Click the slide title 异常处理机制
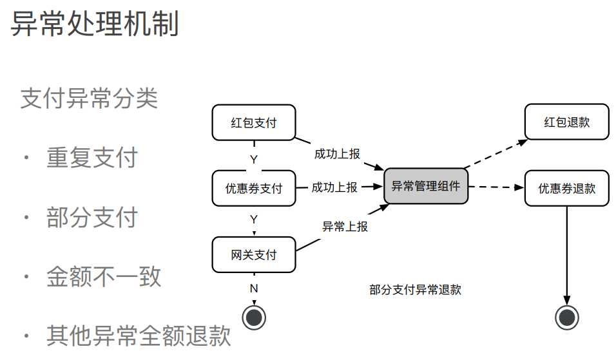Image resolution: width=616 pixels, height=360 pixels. pyautogui.click(x=95, y=24)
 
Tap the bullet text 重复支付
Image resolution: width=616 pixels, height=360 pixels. pyautogui.click(x=91, y=157)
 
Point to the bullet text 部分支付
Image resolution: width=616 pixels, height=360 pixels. pyautogui.click(x=91, y=217)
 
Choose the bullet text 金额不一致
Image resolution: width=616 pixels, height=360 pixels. pyautogui.click(x=104, y=277)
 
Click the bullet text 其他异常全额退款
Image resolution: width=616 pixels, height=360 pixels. pyautogui.click(x=139, y=336)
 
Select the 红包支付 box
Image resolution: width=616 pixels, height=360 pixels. pyautogui.click(x=254, y=122)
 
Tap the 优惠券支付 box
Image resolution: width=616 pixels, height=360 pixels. pyautogui.click(x=254, y=188)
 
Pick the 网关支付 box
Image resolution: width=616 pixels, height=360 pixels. pyautogui.click(x=254, y=254)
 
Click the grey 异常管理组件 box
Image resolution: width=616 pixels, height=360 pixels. pyautogui.click(x=426, y=187)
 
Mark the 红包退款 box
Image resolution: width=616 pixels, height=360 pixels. pyautogui.click(x=567, y=122)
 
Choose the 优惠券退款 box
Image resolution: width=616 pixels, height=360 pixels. pyautogui.click(x=567, y=188)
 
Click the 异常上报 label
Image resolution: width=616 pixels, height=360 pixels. pyautogui.click(x=345, y=227)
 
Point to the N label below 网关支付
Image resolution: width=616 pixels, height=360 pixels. pyautogui.click(x=254, y=289)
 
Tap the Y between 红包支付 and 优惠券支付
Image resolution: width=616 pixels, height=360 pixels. pyautogui.click(x=254, y=158)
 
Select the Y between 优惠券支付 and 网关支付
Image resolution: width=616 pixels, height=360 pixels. pyautogui.click(x=254, y=220)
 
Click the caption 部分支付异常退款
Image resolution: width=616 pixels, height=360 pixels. pyautogui.click(x=415, y=290)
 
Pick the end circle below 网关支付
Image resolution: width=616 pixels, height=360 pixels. pyautogui.click(x=254, y=317)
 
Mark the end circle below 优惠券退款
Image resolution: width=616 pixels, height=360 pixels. pyautogui.click(x=567, y=317)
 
